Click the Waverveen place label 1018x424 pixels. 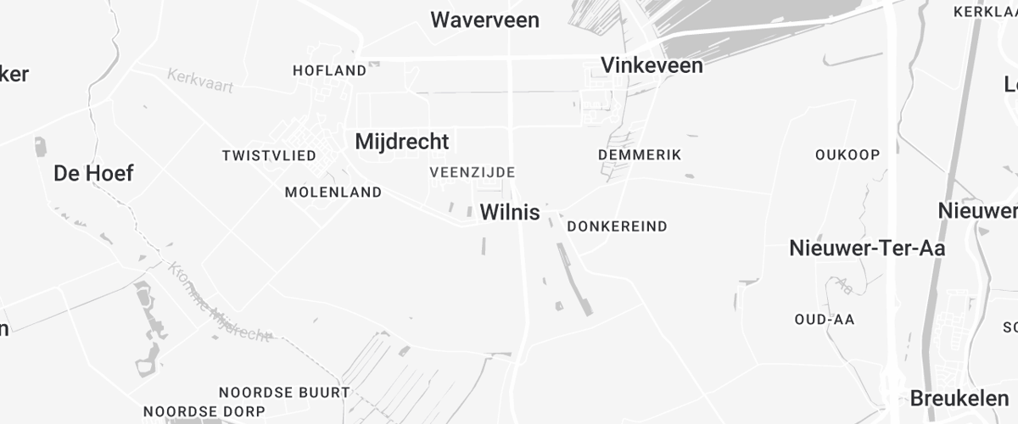[x=484, y=20]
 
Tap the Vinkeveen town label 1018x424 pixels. [x=652, y=65]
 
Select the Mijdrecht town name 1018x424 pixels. [x=401, y=141]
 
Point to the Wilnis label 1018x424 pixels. [x=510, y=213]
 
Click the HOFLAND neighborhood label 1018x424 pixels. [x=329, y=70]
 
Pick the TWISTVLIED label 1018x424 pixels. [x=269, y=156]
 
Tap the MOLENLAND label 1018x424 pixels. [x=333, y=192]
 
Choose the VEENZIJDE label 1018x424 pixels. [x=473, y=172]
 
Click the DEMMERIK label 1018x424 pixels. [x=640, y=154]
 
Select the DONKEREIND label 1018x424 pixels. [x=617, y=226]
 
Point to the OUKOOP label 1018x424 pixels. [x=847, y=154]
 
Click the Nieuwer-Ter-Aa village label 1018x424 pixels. [x=867, y=248]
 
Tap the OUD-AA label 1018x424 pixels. [x=824, y=319]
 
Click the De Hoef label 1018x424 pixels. [x=93, y=174]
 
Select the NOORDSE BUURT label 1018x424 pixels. [x=284, y=393]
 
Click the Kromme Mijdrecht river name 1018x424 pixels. [x=218, y=301]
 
